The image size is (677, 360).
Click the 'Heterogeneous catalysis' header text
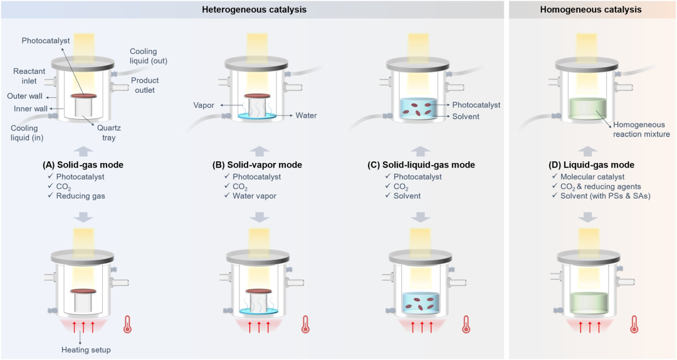pyautogui.click(x=254, y=9)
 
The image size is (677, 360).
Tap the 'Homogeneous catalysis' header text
pyautogui.click(x=592, y=9)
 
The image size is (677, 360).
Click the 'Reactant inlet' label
pyautogui.click(x=29, y=76)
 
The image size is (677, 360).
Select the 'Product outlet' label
pyautogui.click(x=145, y=85)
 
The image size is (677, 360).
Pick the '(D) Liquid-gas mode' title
pyautogui.click(x=591, y=165)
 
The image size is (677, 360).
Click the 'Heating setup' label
pyautogui.click(x=87, y=349)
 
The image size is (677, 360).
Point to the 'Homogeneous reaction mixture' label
pyautogui.click(x=641, y=129)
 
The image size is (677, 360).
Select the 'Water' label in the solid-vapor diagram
pyautogui.click(x=306, y=115)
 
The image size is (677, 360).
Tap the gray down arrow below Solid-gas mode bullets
pyautogui.click(x=83, y=217)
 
